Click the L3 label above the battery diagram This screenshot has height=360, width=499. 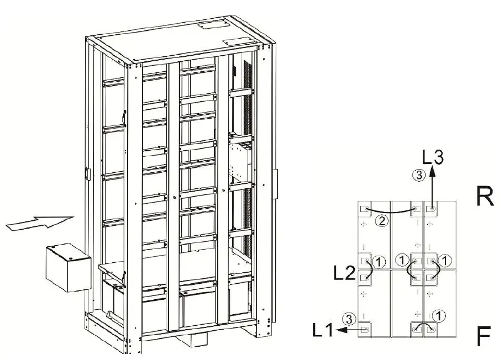[434, 158]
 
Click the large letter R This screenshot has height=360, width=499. [485, 197]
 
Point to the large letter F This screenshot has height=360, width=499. [484, 337]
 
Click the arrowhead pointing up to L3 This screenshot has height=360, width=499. [432, 172]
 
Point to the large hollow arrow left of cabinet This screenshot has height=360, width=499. [39, 222]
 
